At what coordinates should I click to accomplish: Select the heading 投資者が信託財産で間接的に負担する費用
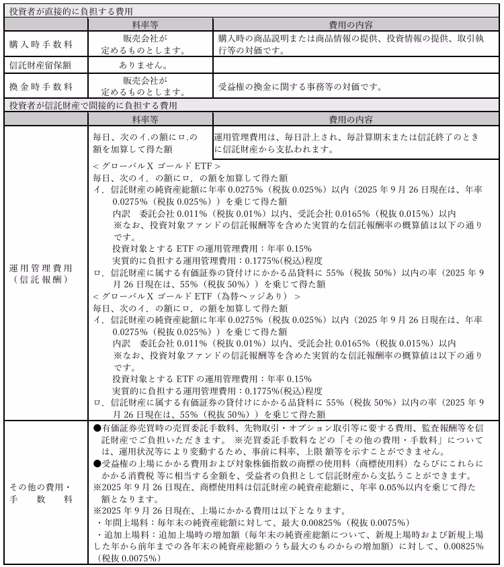[93, 105]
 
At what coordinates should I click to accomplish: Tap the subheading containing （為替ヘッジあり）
[196, 296]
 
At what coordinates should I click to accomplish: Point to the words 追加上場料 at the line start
[124, 535]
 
